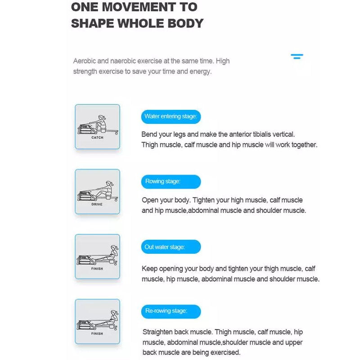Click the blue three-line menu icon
(297, 57)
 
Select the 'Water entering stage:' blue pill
(171, 117)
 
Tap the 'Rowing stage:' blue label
(171, 182)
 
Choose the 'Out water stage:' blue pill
(171, 247)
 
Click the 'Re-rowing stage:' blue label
(171, 311)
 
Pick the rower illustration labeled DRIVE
(97, 192)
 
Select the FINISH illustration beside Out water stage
(97, 256)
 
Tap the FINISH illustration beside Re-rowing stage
(97, 321)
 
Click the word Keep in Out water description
(149, 269)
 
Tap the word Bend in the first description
(149, 134)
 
